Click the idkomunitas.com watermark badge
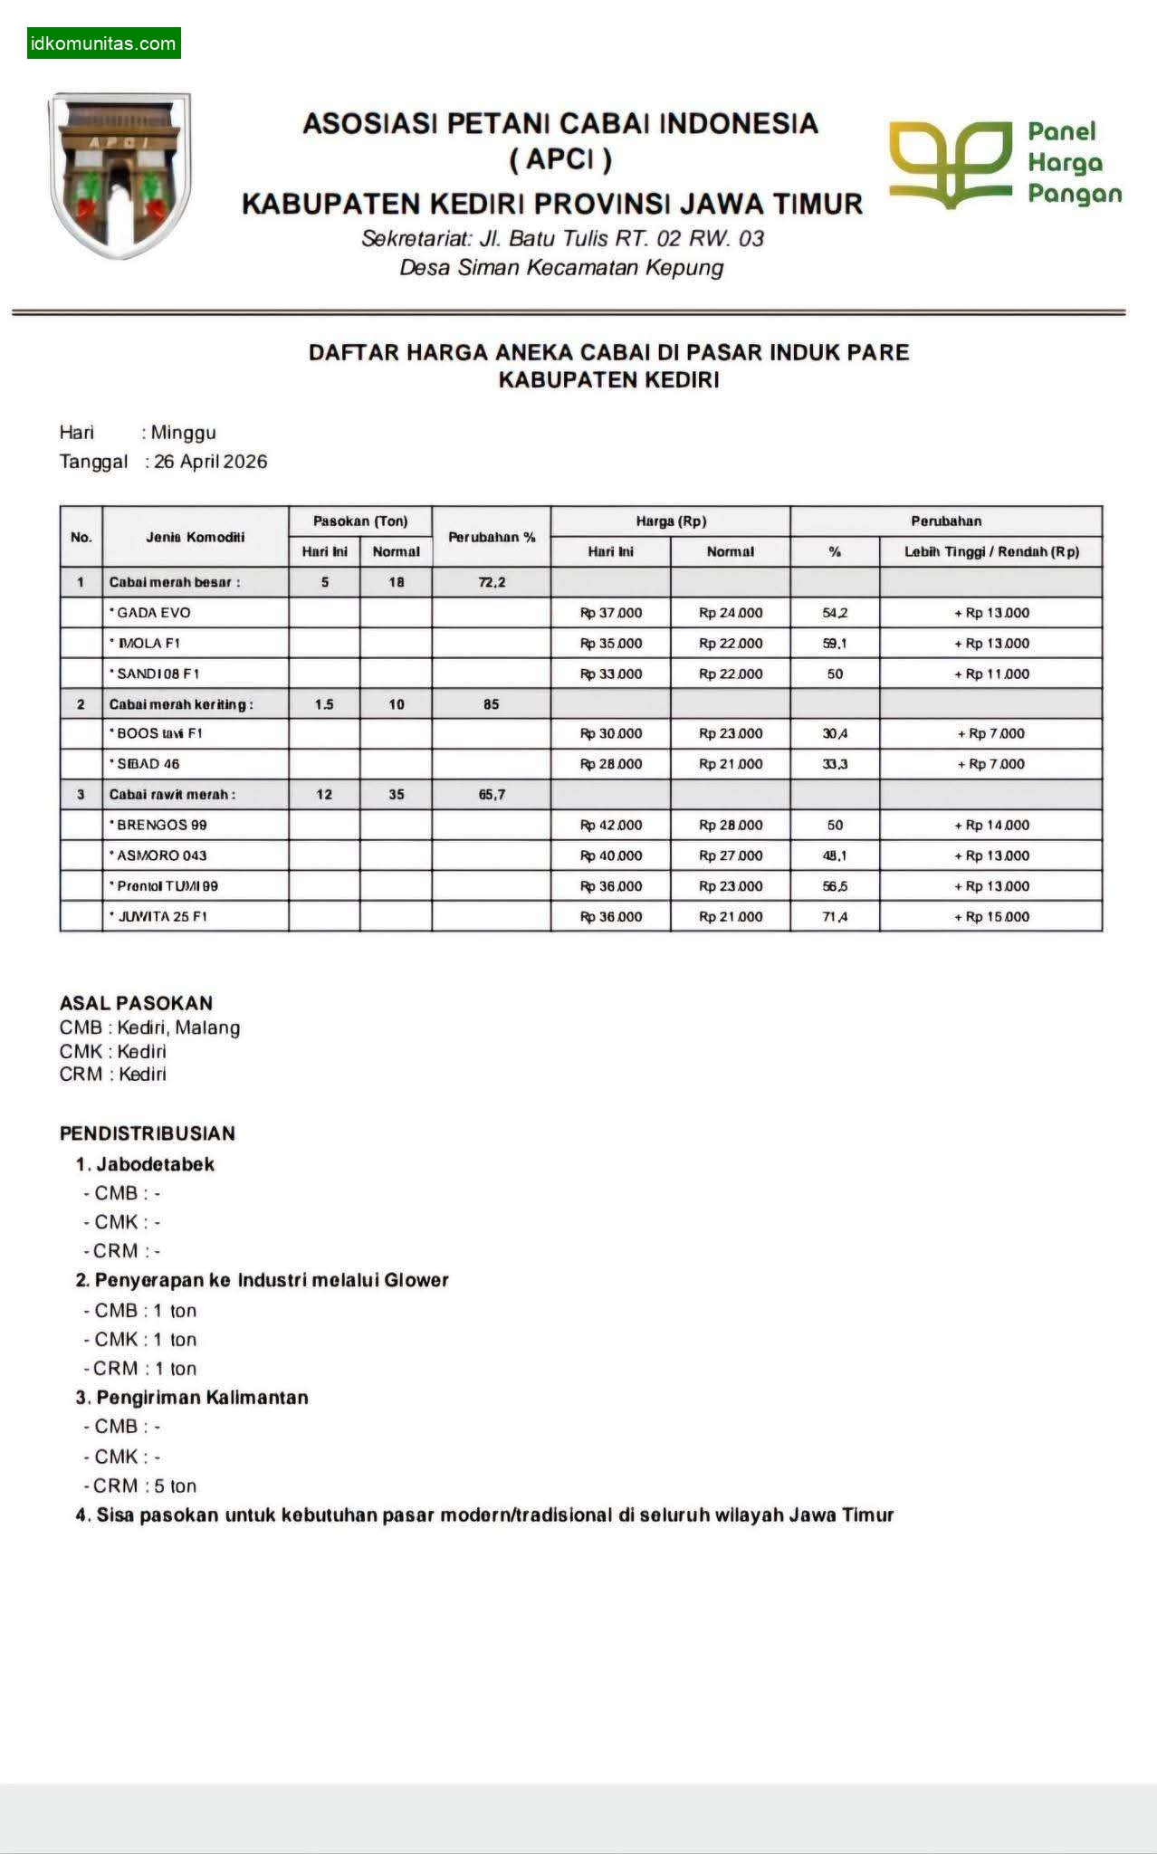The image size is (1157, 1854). click(x=103, y=43)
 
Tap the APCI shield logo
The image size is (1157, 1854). click(x=120, y=175)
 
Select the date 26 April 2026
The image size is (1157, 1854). click(x=210, y=462)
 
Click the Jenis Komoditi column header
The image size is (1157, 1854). click(x=196, y=537)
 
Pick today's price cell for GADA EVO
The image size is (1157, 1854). click(x=611, y=613)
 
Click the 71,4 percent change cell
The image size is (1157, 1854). click(x=835, y=916)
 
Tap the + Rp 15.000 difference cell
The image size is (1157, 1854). click(x=991, y=916)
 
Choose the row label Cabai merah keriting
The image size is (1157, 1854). click(x=181, y=704)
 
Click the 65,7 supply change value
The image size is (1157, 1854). click(x=492, y=795)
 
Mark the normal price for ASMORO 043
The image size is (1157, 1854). click(x=731, y=855)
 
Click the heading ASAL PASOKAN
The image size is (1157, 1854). click(x=136, y=1003)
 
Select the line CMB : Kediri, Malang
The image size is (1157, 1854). click(x=149, y=1027)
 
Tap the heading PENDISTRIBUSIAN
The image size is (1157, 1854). click(x=147, y=1133)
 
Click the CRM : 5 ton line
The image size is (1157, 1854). click(x=139, y=1486)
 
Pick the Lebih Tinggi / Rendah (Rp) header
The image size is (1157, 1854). click(x=991, y=551)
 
